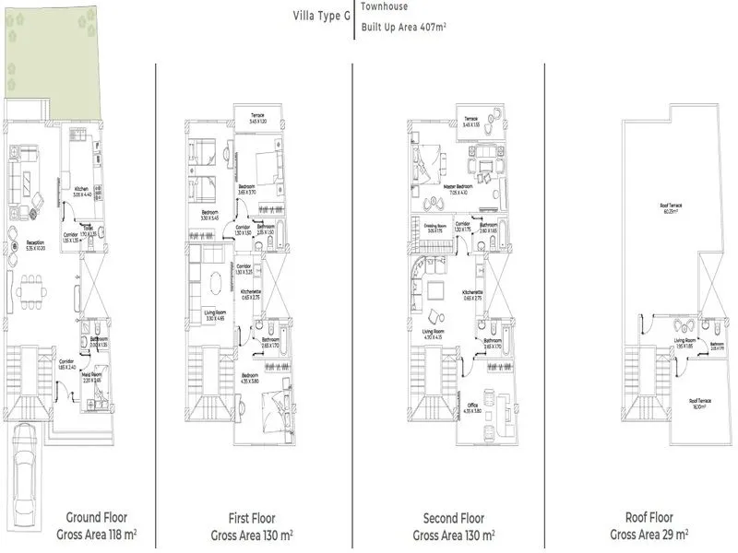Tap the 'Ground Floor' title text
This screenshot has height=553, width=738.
click(x=97, y=518)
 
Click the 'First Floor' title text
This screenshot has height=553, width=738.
click(x=252, y=518)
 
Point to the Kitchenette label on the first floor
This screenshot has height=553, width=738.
click(x=251, y=291)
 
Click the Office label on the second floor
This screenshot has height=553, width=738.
click(x=472, y=406)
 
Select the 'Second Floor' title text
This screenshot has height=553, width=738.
click(x=453, y=518)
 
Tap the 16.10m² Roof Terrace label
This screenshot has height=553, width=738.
click(x=698, y=403)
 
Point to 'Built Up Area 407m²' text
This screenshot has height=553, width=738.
click(x=404, y=28)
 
